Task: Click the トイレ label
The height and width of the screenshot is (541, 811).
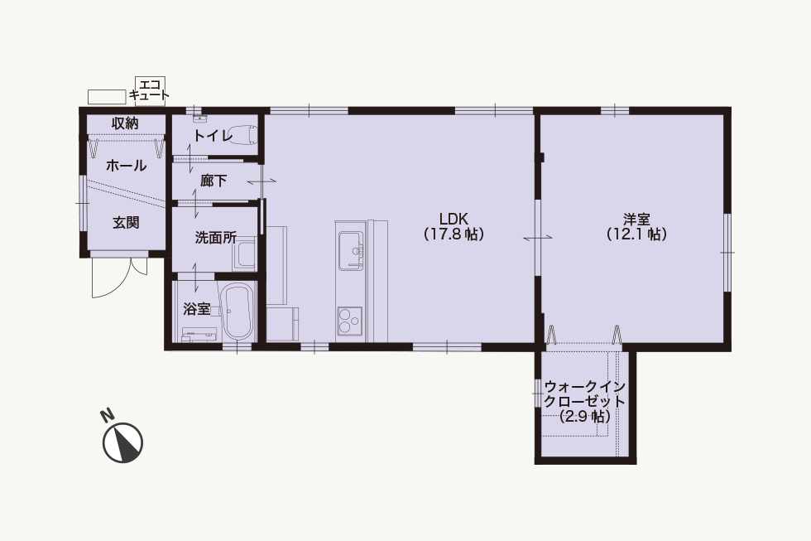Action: [214, 136]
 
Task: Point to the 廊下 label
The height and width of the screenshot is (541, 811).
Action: [214, 181]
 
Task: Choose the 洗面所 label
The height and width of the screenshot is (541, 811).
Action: [216, 238]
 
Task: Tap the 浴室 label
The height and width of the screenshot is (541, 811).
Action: [197, 309]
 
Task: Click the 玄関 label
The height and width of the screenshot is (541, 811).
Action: [126, 223]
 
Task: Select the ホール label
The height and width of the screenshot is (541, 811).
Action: [126, 166]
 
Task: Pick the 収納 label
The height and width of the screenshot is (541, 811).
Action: [125, 123]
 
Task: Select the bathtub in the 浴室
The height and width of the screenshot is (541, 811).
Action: [237, 312]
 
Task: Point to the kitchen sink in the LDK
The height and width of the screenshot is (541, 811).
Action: [352, 251]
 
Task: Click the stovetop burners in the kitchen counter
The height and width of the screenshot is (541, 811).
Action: [349, 320]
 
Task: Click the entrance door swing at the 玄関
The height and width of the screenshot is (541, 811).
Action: [112, 277]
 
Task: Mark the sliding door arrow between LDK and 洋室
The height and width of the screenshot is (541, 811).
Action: [538, 238]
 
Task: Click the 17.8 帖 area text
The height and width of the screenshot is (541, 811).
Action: [454, 234]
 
